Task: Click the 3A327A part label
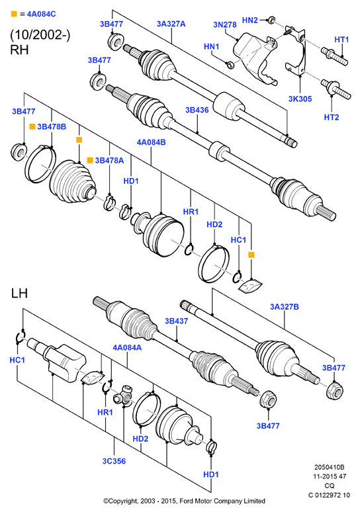click(171, 24)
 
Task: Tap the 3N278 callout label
click(225, 24)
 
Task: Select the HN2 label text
click(250, 21)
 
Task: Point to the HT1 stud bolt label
click(341, 40)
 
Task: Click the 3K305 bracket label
click(300, 99)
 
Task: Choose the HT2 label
click(332, 117)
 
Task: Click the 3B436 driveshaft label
click(197, 110)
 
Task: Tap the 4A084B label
click(151, 142)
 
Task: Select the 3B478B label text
click(52, 126)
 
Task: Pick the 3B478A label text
click(109, 160)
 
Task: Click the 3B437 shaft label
click(177, 321)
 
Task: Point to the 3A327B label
click(285, 307)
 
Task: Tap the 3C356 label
click(114, 461)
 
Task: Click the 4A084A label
click(127, 347)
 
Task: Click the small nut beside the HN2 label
click(271, 21)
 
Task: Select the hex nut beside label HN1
click(230, 64)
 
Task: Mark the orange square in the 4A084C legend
click(14, 14)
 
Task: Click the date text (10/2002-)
click(40, 35)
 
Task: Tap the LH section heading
click(19, 293)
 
